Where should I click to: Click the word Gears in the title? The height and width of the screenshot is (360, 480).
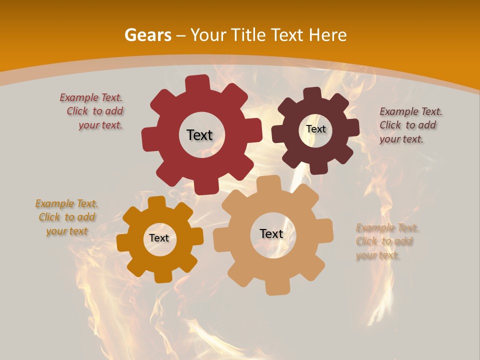point(147,35)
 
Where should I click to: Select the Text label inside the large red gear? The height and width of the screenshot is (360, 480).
point(199,135)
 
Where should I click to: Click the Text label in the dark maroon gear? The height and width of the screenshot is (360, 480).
point(315,129)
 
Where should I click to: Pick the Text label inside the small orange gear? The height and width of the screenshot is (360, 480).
point(159,238)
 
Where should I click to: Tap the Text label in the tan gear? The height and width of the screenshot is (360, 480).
point(271,233)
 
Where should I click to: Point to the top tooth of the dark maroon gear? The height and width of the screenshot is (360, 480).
point(312,93)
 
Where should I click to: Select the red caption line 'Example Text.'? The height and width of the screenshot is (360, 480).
point(91,97)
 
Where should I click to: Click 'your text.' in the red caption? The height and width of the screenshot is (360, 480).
point(100,125)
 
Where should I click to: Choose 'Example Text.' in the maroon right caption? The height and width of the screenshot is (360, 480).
point(411,111)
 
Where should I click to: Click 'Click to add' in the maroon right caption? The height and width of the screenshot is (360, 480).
point(407,125)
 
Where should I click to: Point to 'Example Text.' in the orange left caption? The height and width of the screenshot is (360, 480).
point(66,203)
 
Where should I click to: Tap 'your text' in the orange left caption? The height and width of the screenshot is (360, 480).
point(67,231)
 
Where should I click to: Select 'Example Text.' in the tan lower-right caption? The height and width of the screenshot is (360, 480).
point(387,228)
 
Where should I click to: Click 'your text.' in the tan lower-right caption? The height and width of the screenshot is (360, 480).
point(378,255)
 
